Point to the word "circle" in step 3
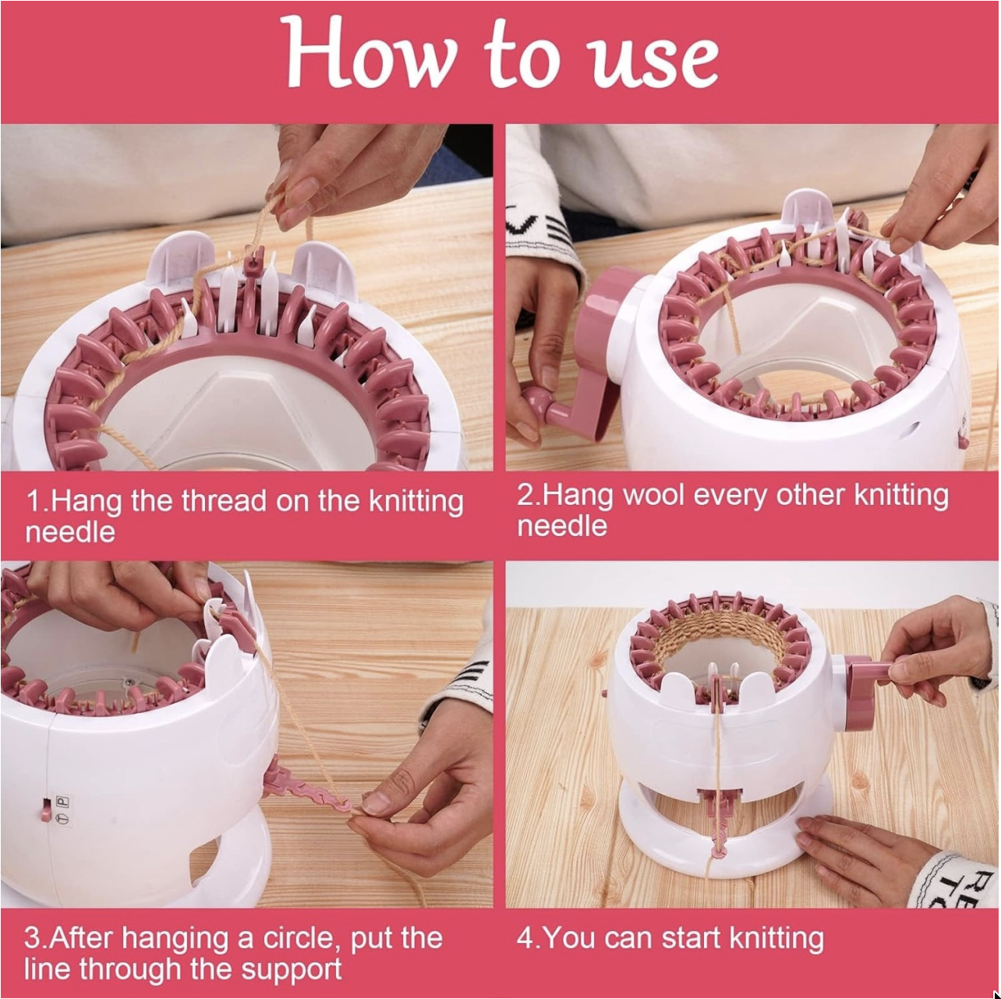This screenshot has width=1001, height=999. click(x=298, y=937)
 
